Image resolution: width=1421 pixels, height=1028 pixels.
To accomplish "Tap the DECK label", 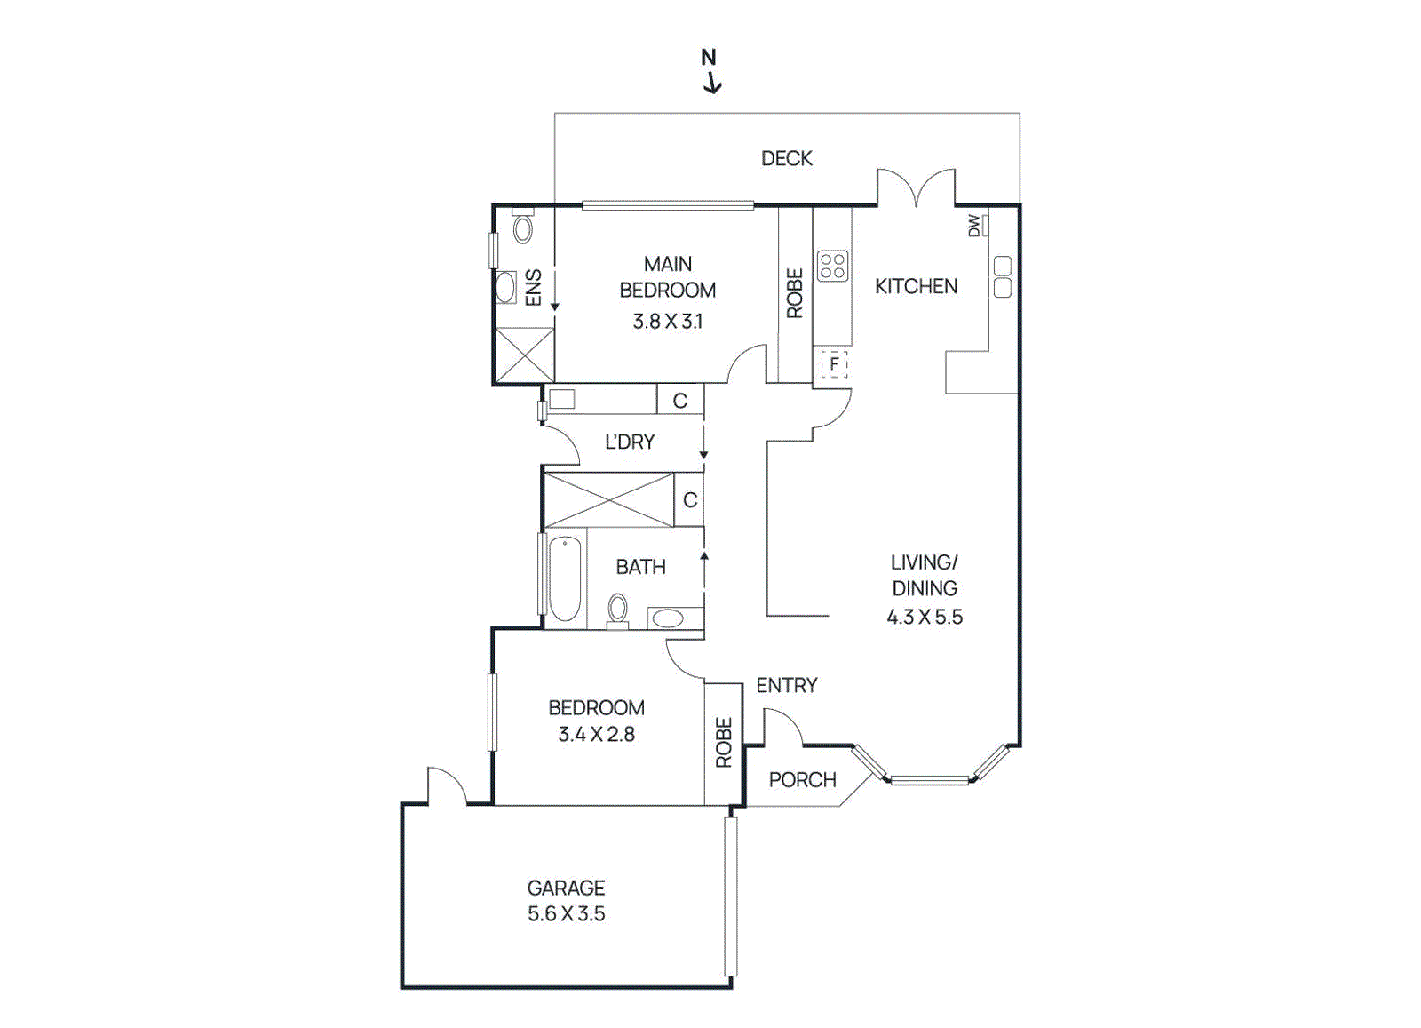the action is (787, 158).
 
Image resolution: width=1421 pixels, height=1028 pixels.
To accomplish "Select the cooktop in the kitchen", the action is (832, 266).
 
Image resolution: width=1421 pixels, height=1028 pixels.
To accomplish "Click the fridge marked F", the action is (834, 364).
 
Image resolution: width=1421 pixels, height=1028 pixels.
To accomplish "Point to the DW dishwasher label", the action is (973, 226).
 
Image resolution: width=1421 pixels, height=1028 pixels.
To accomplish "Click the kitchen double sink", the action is (1003, 276).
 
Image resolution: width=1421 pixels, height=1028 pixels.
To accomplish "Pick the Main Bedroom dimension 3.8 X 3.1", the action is (667, 322).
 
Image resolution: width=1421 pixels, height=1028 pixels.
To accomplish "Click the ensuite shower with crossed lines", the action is (524, 355).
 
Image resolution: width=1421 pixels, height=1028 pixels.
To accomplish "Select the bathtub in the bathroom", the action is (565, 578).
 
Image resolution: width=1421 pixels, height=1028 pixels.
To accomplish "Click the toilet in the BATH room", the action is (617, 611).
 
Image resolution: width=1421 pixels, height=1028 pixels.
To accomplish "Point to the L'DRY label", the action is (630, 442).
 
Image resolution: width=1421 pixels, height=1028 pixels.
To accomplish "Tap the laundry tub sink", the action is (561, 399).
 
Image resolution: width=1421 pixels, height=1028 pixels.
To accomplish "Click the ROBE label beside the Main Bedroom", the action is (795, 293).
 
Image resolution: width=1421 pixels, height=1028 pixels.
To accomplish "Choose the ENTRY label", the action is (787, 685).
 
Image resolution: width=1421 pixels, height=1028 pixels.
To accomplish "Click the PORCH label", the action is (803, 779).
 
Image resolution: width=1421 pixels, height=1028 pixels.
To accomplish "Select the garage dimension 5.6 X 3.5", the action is (566, 913).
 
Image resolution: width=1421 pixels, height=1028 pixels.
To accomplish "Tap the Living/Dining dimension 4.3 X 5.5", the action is (925, 617).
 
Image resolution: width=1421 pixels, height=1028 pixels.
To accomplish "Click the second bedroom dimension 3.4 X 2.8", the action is (596, 734).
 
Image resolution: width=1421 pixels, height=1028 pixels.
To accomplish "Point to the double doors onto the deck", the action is (916, 187).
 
